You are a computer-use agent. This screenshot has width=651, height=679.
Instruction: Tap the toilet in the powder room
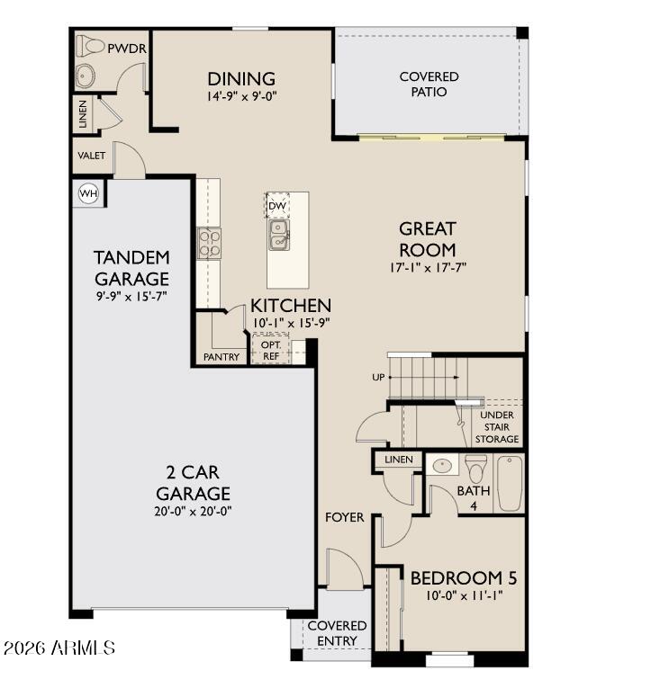pos(91,45)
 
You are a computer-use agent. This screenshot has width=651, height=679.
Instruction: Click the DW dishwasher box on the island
pos(277,206)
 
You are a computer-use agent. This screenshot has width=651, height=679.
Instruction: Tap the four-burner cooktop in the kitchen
pos(210,244)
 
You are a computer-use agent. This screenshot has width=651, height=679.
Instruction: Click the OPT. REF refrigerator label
pos(270,351)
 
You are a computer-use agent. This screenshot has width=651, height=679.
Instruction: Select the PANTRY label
pos(222,357)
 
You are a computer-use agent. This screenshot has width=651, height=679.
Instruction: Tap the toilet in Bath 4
pos(475,468)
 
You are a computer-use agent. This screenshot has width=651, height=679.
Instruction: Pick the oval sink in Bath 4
pos(442,466)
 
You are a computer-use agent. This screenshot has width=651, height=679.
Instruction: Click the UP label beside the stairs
pos(378,377)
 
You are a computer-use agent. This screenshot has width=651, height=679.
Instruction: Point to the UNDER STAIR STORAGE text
pos(497,426)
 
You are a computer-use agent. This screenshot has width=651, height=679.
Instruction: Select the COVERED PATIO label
pos(429,84)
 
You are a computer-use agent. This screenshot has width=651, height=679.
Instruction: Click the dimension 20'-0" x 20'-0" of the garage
pos(193,513)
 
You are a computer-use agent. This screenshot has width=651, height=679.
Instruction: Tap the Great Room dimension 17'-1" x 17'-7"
pos(428,267)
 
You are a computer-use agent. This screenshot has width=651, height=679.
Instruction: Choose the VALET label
pos(90,156)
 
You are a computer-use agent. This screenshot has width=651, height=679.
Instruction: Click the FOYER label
pos(345,517)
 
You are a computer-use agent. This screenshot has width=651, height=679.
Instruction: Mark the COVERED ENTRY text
pos(337,633)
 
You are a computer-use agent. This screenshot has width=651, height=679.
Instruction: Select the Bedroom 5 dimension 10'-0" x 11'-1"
pos(463,596)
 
